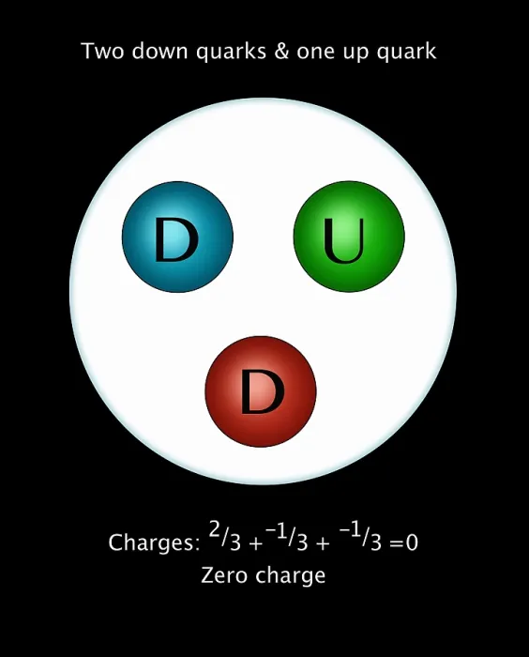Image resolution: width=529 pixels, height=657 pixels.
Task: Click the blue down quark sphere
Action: [177, 237]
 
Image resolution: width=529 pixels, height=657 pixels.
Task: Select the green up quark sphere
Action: [349, 237]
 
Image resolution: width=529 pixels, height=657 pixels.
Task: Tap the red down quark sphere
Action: [261, 391]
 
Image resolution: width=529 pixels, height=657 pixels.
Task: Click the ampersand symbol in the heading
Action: [281, 51]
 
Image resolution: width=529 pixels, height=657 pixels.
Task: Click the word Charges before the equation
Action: [154, 543]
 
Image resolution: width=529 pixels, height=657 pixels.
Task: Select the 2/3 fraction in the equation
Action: [225, 537]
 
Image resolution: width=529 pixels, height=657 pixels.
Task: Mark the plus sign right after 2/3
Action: [255, 543]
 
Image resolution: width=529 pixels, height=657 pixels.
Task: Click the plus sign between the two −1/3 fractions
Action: [323, 543]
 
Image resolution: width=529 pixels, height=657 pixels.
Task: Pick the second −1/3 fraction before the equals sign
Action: [360, 537]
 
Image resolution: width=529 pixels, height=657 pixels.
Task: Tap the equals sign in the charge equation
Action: [397, 543]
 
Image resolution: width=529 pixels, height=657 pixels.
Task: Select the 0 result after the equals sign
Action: [412, 542]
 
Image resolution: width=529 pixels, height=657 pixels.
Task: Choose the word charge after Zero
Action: [290, 576]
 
